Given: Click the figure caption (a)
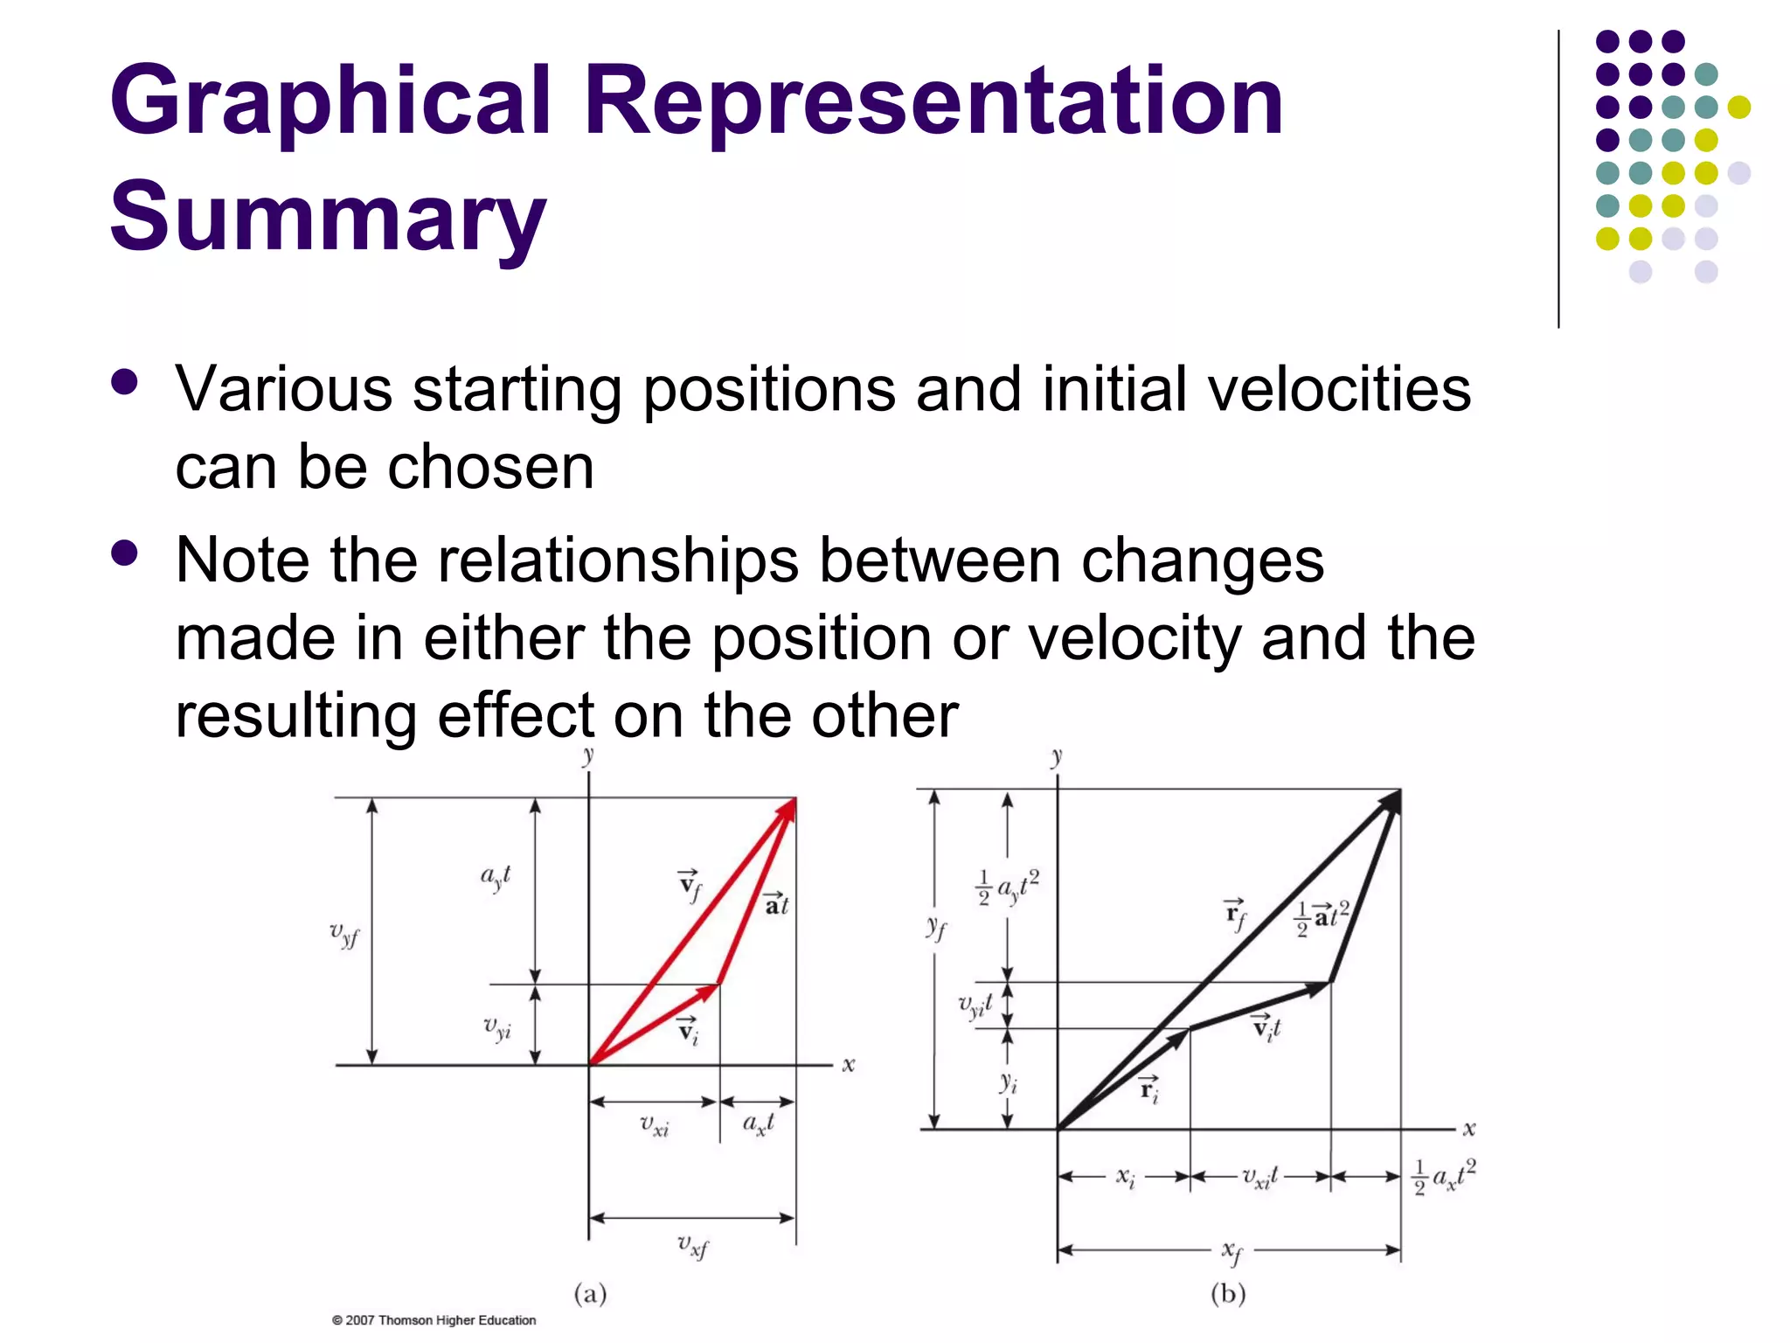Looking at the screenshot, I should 590,1293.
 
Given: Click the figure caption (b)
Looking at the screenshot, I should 1228,1293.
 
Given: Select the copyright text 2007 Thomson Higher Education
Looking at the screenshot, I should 434,1320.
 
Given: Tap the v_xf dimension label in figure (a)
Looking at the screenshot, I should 693,1246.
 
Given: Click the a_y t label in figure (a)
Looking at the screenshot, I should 496,877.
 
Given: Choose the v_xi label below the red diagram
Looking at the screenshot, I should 654,1124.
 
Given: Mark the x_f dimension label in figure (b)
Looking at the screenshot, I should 1231,1253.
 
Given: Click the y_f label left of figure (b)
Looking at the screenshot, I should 935,927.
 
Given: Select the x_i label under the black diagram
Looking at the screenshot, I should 1126,1178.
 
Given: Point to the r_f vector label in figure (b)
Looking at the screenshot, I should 1235,915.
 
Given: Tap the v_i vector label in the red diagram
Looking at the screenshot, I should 689,1031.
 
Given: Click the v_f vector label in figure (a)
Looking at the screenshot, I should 690,886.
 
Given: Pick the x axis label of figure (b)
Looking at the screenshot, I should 1469,1129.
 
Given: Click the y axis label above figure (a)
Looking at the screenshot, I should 588,756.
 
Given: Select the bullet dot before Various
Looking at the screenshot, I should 125,382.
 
